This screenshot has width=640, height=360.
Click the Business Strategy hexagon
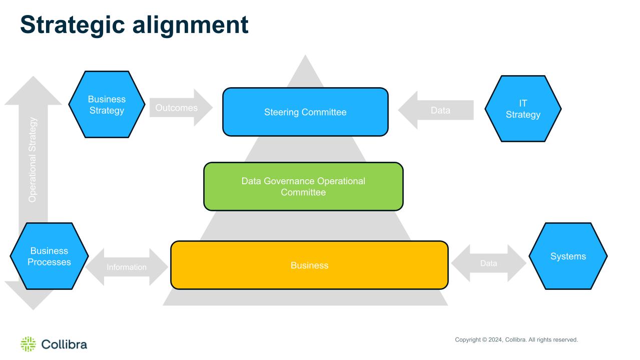pos(107,104)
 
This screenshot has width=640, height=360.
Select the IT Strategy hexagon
pos(523,109)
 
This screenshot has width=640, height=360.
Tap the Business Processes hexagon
pos(49,256)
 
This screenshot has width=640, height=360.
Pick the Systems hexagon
pos(568,256)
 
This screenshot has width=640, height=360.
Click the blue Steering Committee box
pos(305,112)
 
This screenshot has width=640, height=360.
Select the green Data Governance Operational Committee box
pos(303,186)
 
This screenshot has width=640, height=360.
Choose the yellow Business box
pos(309,265)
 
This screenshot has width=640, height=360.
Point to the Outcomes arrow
pos(181,108)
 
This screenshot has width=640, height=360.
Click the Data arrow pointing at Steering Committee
pos(436,110)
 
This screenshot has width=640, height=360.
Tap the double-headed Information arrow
pos(127,267)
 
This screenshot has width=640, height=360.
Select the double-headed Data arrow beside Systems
pos(488,263)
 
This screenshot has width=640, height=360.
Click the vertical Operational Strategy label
pos(33,160)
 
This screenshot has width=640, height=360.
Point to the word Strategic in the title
pos(73,25)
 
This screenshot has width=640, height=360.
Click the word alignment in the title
pos(191,25)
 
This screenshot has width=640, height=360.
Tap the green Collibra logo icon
pos(29,344)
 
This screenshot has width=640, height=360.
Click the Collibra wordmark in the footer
pos(64,344)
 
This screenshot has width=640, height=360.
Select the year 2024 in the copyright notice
pos(495,339)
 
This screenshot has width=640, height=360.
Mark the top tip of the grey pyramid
pos(305,55)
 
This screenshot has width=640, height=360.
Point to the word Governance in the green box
pos(289,181)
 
